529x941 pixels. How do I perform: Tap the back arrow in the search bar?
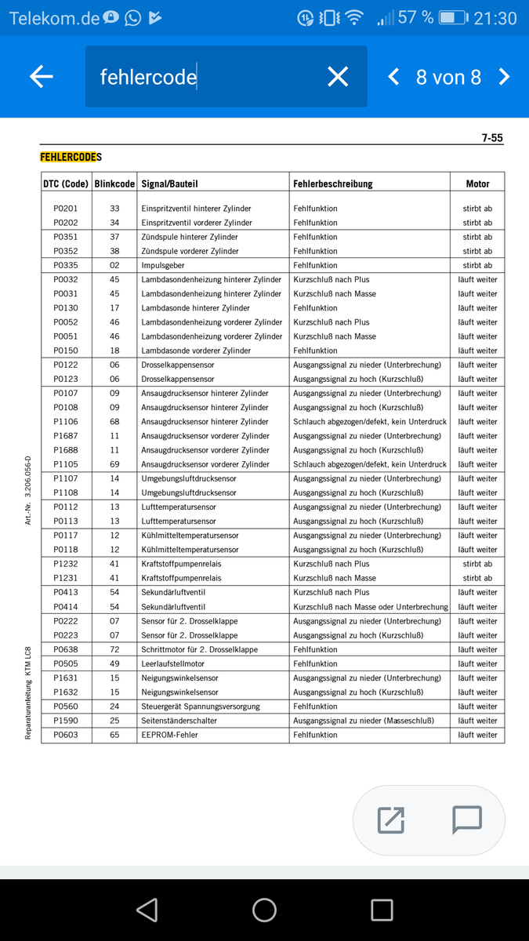[42, 76]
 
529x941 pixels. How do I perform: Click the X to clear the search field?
[338, 76]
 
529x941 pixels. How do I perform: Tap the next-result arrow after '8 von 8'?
[504, 76]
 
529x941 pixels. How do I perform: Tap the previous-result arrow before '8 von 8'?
[393, 76]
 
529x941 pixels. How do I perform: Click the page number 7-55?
[492, 138]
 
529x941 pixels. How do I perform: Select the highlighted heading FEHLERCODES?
[71, 157]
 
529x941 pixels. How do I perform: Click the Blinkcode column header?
[114, 183]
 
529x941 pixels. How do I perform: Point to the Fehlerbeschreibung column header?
[333, 183]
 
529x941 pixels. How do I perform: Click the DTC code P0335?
[66, 265]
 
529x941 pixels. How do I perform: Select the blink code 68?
[114, 422]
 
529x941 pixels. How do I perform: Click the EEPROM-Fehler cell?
[169, 735]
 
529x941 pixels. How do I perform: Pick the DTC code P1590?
[66, 721]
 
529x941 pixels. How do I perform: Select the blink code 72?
[114, 649]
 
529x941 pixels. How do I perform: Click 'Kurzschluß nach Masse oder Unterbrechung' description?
[371, 607]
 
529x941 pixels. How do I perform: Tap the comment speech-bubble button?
[467, 819]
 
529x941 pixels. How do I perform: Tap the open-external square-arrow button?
[390, 819]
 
